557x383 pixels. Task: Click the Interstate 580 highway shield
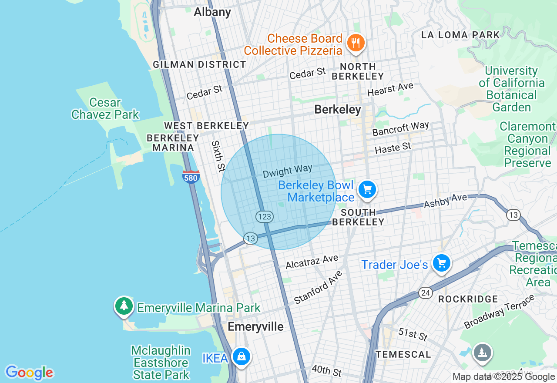191,177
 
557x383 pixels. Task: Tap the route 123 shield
265,216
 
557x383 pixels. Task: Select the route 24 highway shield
426,293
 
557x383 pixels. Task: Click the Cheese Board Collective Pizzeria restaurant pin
356,43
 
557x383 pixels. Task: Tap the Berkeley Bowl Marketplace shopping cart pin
367,190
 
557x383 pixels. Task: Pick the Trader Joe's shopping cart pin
442,263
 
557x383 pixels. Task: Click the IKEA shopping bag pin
241,356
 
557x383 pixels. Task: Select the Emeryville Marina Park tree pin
124,306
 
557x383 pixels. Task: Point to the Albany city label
212,12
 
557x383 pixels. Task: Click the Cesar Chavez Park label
105,108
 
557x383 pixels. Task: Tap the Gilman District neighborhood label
199,64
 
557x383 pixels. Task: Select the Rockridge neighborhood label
468,299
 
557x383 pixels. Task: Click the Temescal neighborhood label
403,354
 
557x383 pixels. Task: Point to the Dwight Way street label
287,171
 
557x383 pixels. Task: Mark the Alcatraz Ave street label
312,262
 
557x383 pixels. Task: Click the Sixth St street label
218,156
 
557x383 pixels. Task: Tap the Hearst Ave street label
390,89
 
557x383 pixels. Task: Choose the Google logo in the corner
29,373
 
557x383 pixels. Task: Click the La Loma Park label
460,35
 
